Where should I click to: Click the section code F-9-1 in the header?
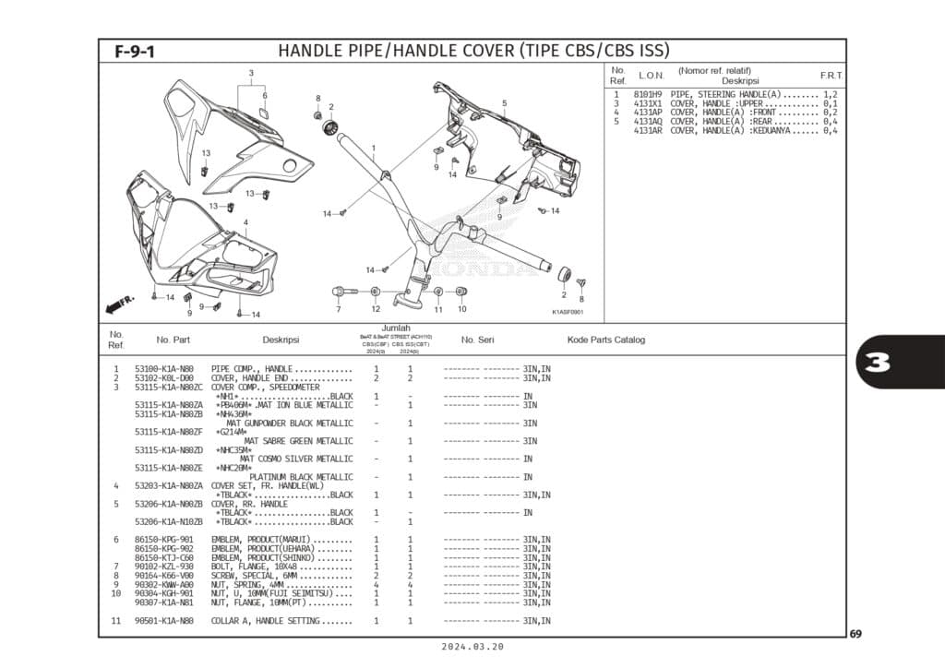[135, 52]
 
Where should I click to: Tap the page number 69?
[855, 634]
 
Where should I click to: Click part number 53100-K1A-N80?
[163, 369]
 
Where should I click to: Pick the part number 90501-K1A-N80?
[163, 621]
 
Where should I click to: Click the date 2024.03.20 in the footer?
[472, 648]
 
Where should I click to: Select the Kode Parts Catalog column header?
[606, 340]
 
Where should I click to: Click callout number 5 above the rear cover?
[504, 103]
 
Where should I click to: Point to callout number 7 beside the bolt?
[339, 309]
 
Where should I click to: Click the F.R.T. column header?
[831, 75]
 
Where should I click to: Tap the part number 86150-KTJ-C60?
[163, 557]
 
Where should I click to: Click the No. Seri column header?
[480, 340]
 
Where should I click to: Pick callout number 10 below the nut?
[461, 309]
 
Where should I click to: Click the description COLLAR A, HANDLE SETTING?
[266, 621]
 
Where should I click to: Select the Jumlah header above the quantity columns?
[396, 328]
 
